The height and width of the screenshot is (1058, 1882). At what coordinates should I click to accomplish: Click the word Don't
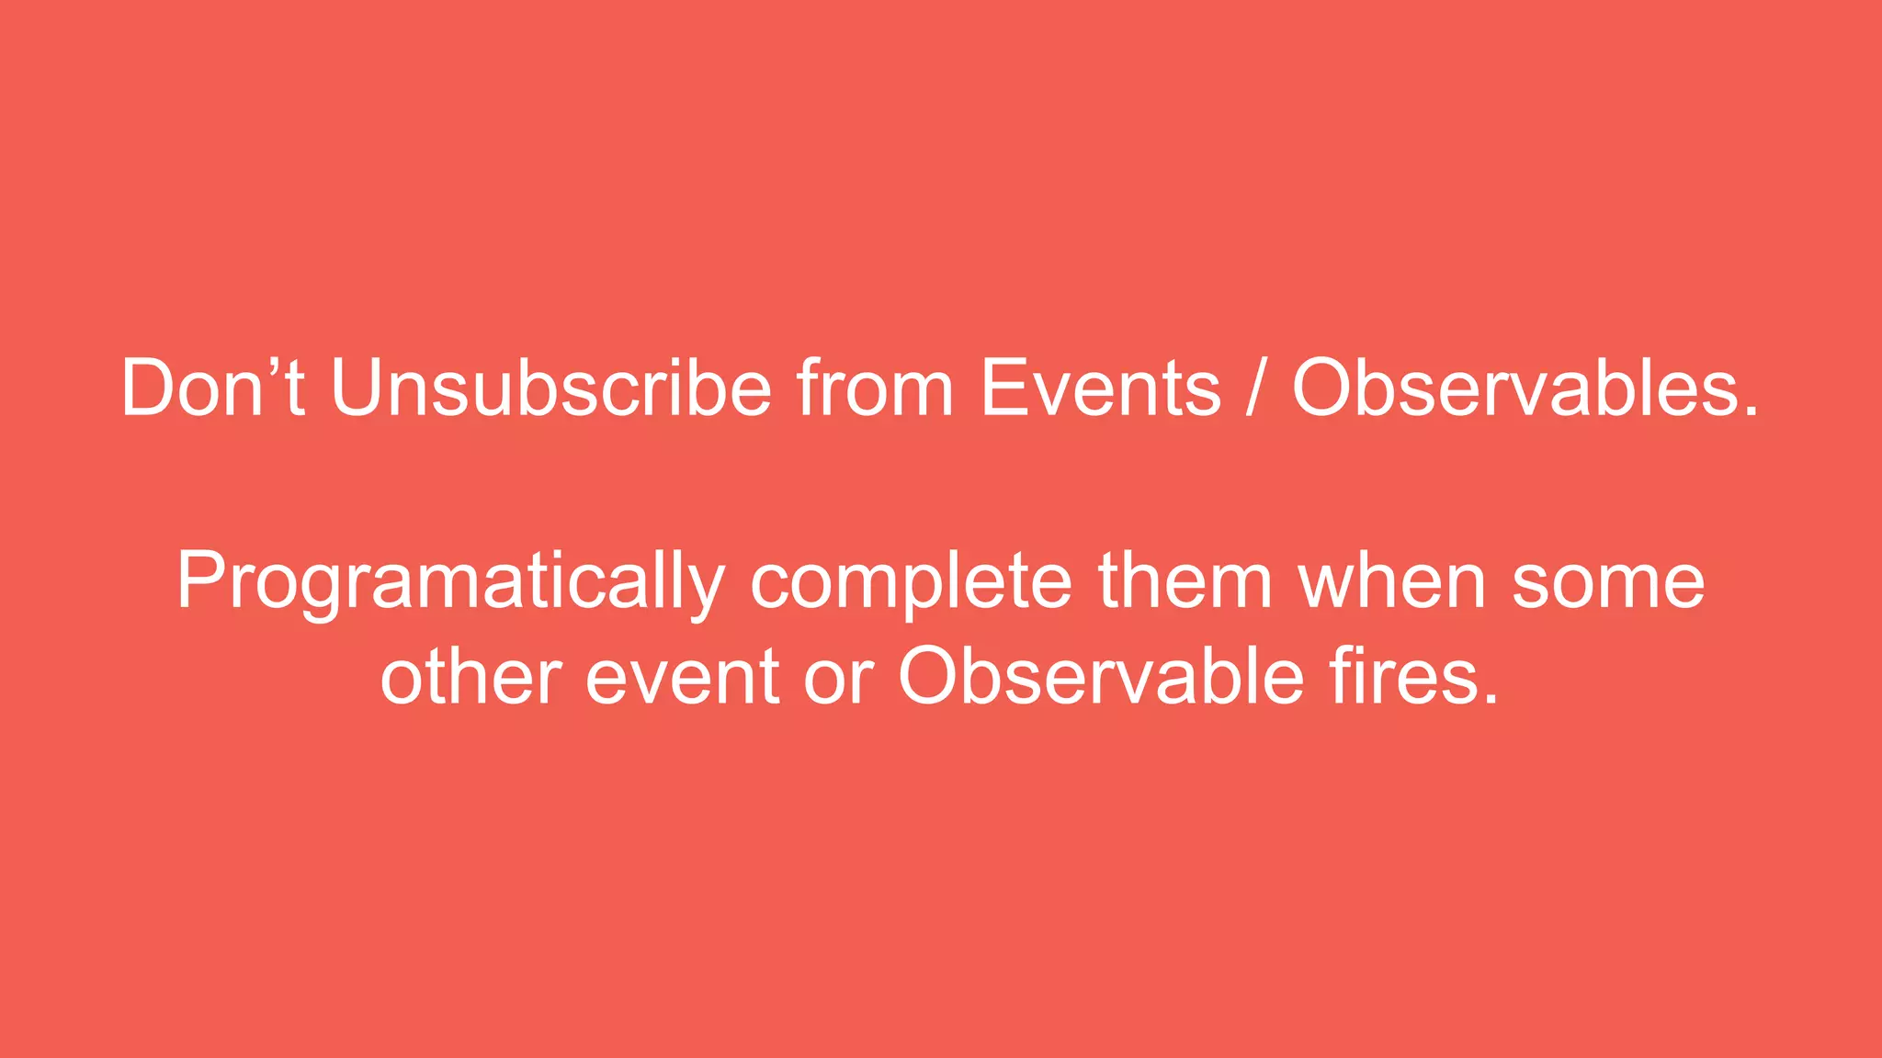(213, 388)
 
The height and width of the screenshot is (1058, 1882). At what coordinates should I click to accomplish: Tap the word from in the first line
(875, 388)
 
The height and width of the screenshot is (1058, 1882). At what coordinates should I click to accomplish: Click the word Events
(1101, 388)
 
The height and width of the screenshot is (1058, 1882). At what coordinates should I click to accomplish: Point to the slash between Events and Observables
(1256, 388)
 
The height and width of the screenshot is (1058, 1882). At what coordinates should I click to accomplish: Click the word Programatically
(451, 582)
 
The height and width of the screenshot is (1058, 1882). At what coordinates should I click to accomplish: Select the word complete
(911, 582)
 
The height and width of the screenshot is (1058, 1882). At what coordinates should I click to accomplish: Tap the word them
(1185, 580)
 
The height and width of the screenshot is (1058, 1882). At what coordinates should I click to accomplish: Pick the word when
(1393, 580)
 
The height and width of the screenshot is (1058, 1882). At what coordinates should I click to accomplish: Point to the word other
(470, 678)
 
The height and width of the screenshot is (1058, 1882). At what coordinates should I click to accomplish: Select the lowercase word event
(683, 678)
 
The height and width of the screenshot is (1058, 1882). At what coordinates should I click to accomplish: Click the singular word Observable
(1101, 678)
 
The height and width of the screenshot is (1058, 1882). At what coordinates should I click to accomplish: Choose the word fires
(1401, 678)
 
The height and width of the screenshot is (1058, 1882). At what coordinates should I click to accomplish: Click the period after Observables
(1751, 412)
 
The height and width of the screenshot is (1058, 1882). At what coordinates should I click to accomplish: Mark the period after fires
(1490, 700)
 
